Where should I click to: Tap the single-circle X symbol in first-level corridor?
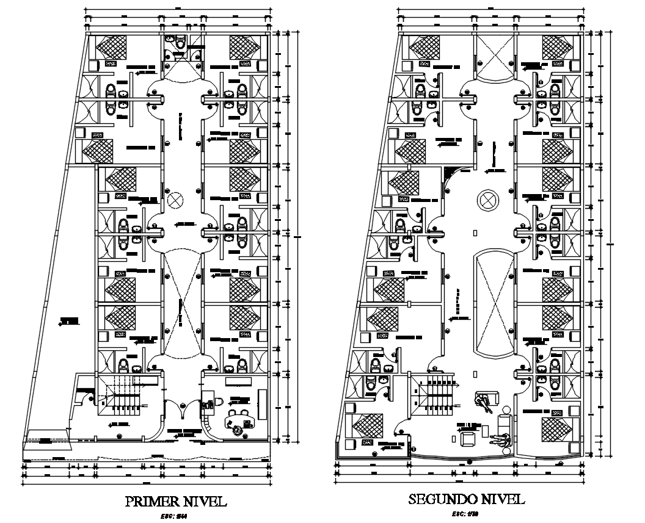coord(175,200)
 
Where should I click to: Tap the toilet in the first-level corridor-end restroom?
coord(180,42)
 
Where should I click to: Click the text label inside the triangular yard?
coord(70,320)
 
